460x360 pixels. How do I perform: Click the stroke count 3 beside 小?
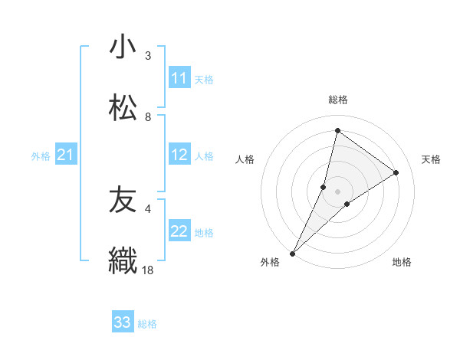click(148, 56)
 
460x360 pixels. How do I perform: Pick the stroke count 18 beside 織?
click(148, 270)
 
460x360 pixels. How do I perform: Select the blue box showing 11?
click(179, 78)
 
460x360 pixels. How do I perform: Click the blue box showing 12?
click(179, 155)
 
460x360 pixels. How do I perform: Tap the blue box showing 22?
click(179, 231)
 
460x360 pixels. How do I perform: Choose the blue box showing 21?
click(66, 155)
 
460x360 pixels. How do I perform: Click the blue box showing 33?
click(123, 322)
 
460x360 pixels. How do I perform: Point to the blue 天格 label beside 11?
click(204, 79)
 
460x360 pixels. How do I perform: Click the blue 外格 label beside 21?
click(41, 156)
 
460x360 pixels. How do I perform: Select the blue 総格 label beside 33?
click(147, 324)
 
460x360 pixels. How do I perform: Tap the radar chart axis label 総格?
click(338, 100)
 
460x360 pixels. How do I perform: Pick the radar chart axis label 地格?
click(402, 263)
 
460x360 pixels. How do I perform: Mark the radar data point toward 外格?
click(292, 254)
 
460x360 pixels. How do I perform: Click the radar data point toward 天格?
click(396, 172)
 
